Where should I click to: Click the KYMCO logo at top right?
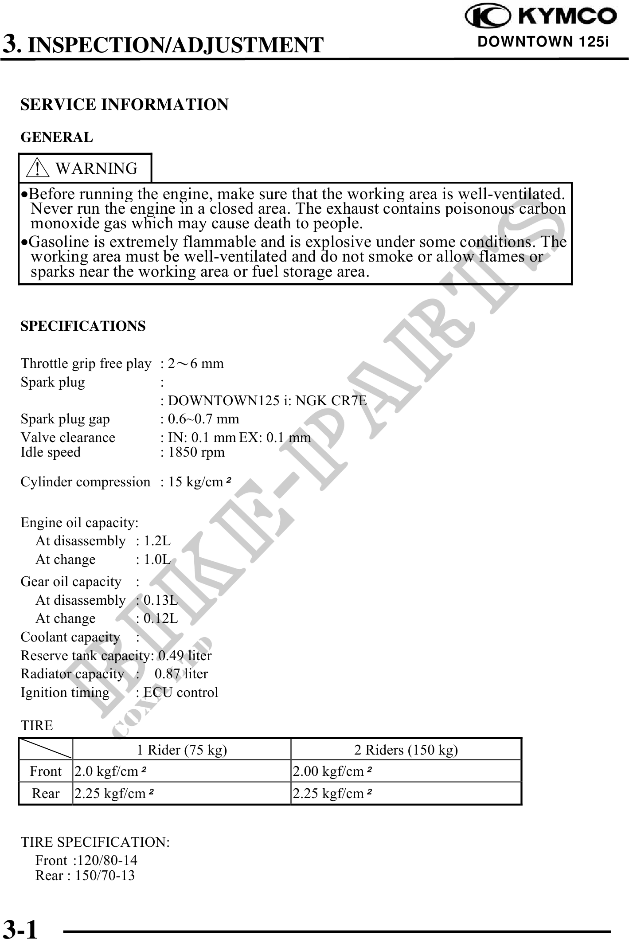(540, 17)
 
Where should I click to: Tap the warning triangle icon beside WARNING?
(38, 168)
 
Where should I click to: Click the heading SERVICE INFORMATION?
(125, 105)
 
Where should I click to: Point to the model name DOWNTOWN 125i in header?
(543, 42)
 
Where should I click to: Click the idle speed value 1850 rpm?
(196, 452)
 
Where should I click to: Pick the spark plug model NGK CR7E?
(331, 400)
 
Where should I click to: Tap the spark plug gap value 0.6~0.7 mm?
(203, 419)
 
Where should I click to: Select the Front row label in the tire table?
(46, 771)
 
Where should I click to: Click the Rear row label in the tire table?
(46, 793)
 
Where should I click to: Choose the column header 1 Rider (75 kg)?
(182, 750)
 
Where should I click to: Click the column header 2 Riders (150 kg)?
(406, 750)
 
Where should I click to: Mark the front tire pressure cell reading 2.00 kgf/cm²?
(332, 771)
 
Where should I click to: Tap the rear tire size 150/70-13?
(105, 875)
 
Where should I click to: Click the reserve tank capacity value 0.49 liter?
(185, 655)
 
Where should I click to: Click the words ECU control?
(181, 693)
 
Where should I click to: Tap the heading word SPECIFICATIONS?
(83, 326)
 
